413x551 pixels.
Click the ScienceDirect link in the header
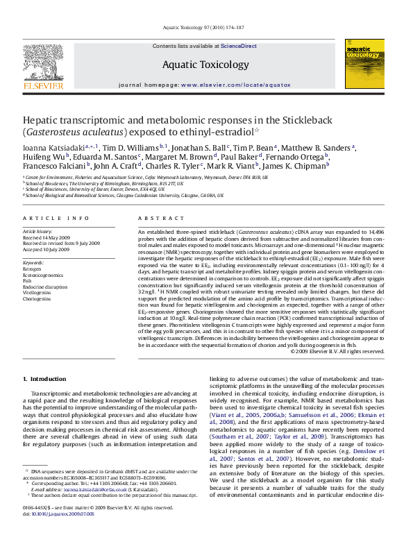coord(238,46)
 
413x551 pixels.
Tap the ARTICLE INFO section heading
coord(56,218)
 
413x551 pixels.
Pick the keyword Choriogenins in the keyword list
coord(37,298)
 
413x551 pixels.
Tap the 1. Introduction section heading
coord(45,379)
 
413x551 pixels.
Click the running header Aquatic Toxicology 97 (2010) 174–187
coord(207,27)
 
